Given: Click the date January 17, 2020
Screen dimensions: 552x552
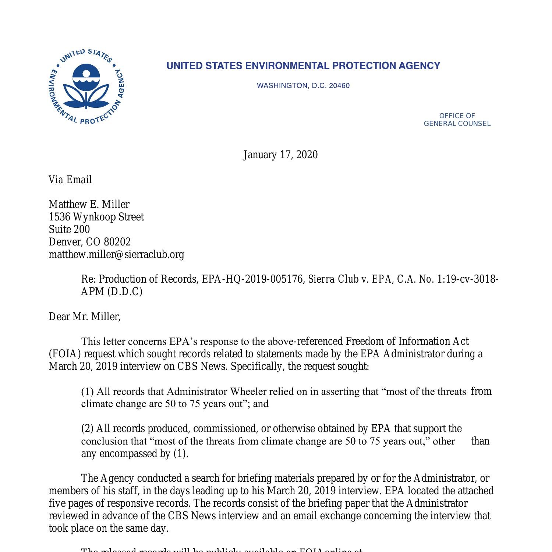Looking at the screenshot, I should [x=280, y=155].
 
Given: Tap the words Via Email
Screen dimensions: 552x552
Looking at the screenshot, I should [x=70, y=180].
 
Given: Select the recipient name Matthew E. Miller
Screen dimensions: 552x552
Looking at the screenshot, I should [x=89, y=204].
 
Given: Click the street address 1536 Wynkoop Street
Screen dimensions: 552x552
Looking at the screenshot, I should [x=96, y=217].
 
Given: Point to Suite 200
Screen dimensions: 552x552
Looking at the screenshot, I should [x=69, y=229].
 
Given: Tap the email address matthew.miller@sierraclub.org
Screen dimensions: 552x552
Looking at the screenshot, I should [x=116, y=254].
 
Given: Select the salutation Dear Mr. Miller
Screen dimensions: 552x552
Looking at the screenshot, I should [x=85, y=316].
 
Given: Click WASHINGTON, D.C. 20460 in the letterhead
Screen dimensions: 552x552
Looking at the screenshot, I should [x=303, y=86].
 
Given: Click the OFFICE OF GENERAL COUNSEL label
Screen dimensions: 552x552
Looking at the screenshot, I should [x=457, y=120].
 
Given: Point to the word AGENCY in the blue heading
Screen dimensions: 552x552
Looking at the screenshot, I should [x=420, y=66].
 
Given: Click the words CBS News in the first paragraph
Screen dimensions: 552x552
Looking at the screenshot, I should [x=201, y=367].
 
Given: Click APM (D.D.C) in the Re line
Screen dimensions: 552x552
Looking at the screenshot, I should [x=112, y=291].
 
